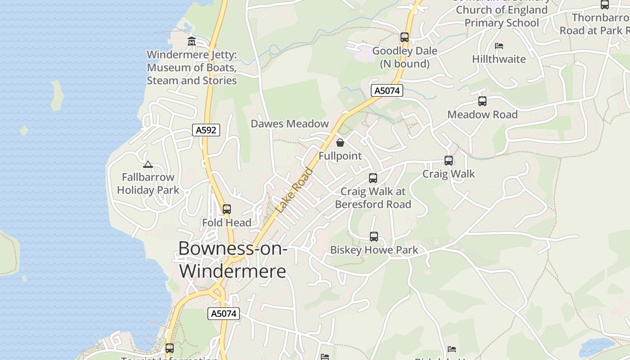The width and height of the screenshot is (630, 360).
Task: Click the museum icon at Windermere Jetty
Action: pos(192,41)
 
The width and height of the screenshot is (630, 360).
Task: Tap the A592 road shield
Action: pos(207,130)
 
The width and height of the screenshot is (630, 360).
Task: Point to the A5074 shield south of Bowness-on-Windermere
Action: pos(224,314)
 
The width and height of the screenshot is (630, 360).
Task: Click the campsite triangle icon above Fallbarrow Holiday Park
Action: pos(148,165)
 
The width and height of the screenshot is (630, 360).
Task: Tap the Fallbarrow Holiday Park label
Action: pos(148,184)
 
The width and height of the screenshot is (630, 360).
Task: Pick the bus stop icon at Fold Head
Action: pos(227,209)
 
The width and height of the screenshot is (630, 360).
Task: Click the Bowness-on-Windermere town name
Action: pos(233,260)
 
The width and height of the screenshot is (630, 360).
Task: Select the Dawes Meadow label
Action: pos(290,124)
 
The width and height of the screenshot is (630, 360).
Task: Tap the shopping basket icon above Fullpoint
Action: pos(340,143)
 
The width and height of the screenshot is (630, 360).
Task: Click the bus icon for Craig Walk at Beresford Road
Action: pos(373,178)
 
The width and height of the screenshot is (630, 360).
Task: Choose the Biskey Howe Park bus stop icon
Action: pos(374,237)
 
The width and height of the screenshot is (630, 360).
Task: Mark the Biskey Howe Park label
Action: pos(374,250)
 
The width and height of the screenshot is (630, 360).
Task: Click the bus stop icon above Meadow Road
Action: pos(482,101)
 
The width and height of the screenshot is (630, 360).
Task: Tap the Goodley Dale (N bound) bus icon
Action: pos(405,37)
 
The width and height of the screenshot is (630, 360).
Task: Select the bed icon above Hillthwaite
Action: pos(499,46)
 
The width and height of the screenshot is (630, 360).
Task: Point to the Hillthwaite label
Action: pos(499,59)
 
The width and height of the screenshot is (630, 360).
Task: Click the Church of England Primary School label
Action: pos(501,16)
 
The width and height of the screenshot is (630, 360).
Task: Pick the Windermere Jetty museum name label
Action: pos(192,67)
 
